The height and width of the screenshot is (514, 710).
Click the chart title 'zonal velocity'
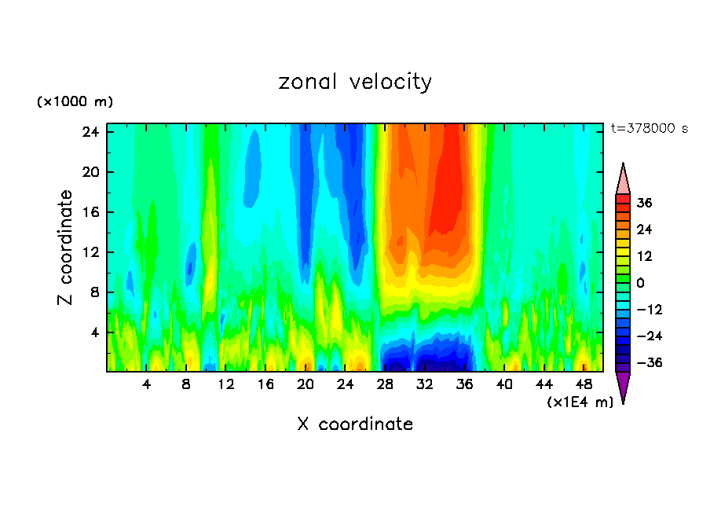tap(355, 82)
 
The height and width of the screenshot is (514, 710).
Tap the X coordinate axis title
tap(355, 424)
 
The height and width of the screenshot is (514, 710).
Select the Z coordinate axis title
tap(66, 248)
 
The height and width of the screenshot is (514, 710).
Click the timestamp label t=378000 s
tap(649, 128)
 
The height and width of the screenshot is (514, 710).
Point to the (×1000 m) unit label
tap(75, 102)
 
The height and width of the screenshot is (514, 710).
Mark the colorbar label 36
tap(644, 203)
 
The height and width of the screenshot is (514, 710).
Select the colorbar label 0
tap(641, 283)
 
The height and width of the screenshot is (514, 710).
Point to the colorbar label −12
tap(644, 310)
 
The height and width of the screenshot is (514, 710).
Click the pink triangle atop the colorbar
tap(623, 178)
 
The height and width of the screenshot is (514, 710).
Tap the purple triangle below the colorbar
tap(623, 386)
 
